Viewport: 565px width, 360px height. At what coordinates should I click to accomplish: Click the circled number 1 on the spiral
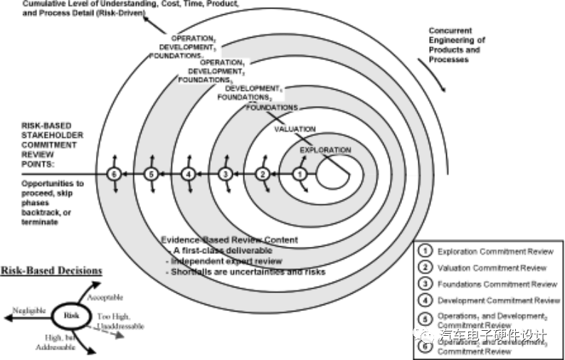pos(300,174)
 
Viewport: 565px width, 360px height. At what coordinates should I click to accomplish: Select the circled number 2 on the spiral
pos(263,174)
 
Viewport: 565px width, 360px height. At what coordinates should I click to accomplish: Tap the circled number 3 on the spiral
pos(226,174)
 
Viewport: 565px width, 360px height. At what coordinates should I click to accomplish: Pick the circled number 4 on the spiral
pos(188,174)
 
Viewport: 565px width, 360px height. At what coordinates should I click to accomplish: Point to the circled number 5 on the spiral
pos(150,174)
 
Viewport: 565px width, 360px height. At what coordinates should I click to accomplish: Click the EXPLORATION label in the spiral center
pos(325,150)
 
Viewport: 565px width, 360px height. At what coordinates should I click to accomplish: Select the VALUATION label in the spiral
pos(295,129)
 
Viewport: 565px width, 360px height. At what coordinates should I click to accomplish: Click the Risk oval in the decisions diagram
pos(71,314)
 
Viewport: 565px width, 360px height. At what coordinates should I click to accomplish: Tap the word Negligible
pos(30,311)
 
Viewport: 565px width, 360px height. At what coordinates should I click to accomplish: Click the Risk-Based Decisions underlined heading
pos(51,270)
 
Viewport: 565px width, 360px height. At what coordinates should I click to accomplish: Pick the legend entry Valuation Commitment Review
pos(492,268)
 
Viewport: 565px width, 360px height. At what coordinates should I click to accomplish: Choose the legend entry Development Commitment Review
pos(499,300)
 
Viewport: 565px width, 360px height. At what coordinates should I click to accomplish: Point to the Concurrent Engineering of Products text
pos(456,45)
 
